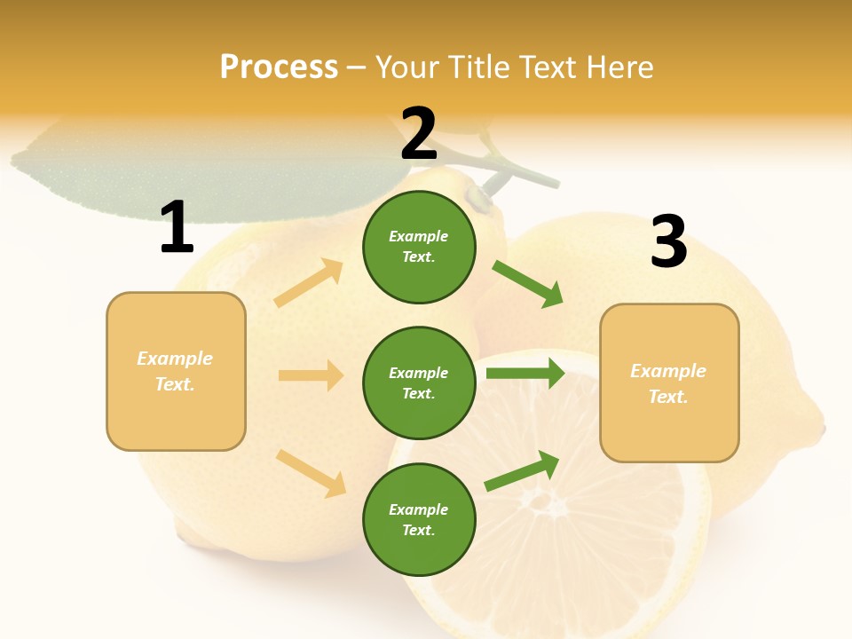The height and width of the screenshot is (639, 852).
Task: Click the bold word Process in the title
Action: (279, 67)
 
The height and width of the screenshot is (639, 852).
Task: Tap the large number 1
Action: (177, 228)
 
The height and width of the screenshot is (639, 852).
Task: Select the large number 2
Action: (419, 134)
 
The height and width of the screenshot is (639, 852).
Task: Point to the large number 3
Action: (669, 241)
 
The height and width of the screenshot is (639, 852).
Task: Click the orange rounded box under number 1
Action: (176, 371)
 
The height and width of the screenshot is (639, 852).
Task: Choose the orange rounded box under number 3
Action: (669, 383)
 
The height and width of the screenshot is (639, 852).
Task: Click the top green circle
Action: (419, 247)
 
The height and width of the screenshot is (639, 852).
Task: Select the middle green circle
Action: (419, 383)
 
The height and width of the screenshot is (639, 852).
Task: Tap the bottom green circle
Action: (419, 519)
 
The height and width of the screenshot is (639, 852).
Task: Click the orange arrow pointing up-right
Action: (309, 283)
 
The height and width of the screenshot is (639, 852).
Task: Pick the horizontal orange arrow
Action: (311, 375)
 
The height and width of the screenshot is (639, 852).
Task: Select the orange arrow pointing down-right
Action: (311, 473)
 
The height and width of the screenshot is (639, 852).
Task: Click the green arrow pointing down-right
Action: (528, 284)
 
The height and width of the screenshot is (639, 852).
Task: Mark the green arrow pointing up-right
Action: (522, 471)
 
